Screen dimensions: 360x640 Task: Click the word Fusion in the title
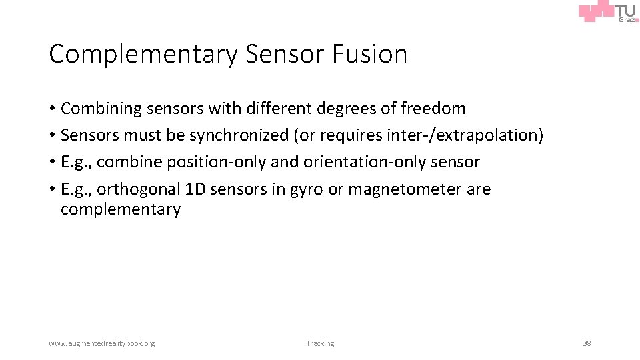(x=368, y=54)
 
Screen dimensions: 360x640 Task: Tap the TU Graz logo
(x=609, y=12)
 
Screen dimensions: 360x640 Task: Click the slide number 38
(x=587, y=343)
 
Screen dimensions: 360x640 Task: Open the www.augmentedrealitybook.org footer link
(x=101, y=343)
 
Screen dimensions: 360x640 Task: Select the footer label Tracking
(x=320, y=343)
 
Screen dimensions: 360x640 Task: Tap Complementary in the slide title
(x=143, y=54)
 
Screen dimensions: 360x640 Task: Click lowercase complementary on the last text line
(x=121, y=209)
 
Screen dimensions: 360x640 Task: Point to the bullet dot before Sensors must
(x=52, y=135)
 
